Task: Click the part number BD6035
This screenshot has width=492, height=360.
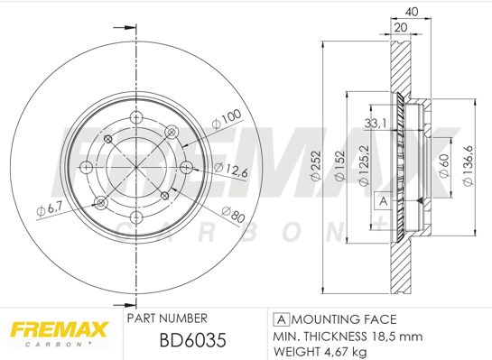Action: point(192,340)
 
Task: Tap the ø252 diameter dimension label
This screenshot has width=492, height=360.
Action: point(316,166)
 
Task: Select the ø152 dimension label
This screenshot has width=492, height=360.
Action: point(339,166)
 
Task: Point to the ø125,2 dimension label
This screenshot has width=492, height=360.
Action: point(364,166)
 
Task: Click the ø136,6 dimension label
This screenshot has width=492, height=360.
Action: point(468,166)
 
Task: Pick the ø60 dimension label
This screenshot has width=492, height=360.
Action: point(444,166)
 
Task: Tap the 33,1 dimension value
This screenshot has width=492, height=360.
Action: point(376,124)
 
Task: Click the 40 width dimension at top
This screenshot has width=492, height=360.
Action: point(412,12)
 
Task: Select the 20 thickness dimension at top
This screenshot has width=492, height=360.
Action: point(401,27)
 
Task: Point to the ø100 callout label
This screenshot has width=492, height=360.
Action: point(227,119)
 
